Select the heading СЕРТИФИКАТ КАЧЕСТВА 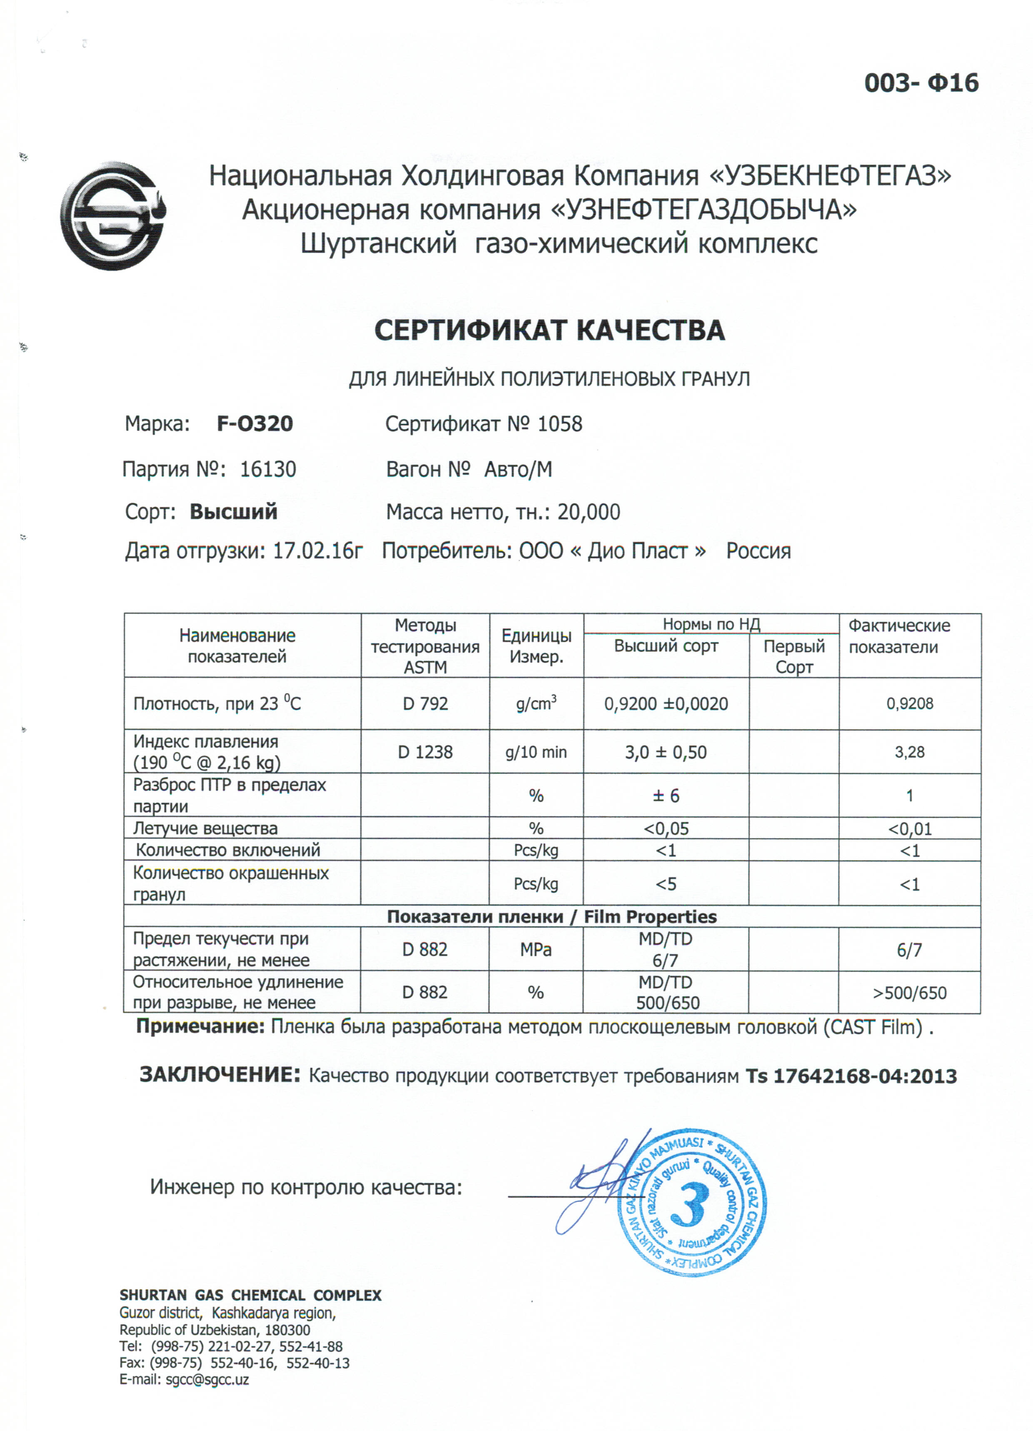coord(549,331)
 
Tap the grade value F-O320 coord(255,423)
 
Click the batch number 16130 coord(268,469)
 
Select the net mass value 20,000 coord(589,512)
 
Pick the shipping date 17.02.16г coord(317,551)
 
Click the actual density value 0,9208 coord(909,704)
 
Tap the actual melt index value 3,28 coord(909,752)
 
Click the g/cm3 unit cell coord(536,704)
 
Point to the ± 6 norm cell coord(666,796)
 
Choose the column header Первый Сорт coord(793,656)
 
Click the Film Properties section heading coord(552,917)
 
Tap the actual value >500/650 coord(909,993)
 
